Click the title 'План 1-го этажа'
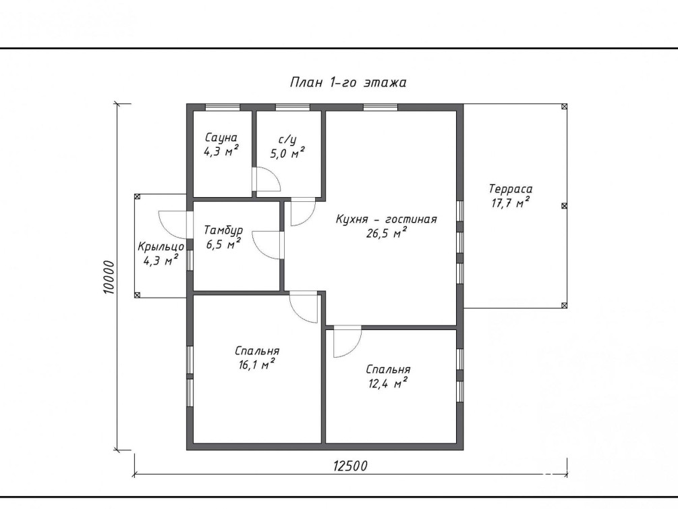[348, 82]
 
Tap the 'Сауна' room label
[221, 138]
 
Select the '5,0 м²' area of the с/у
[287, 153]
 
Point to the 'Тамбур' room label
[223, 230]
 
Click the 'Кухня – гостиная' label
[387, 219]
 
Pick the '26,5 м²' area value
[387, 234]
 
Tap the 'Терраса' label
[511, 189]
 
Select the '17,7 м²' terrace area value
[511, 203]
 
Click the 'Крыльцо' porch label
[161, 246]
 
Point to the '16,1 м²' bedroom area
[257, 365]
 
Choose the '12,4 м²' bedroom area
[389, 383]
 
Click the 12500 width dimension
[350, 466]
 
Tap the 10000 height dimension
[109, 277]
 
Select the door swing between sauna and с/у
[268, 179]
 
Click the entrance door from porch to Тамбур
[173, 224]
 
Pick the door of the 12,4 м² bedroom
[347, 342]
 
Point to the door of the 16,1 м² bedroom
[304, 308]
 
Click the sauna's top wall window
[222, 107]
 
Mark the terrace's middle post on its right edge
[564, 206]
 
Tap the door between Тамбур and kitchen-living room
[266, 246]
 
